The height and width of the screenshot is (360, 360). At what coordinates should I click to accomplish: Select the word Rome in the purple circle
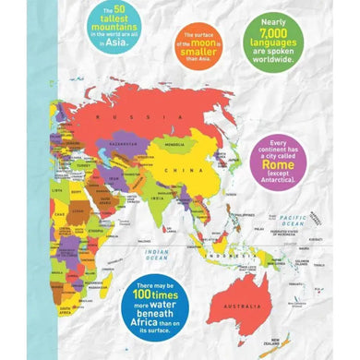(x=278, y=166)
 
